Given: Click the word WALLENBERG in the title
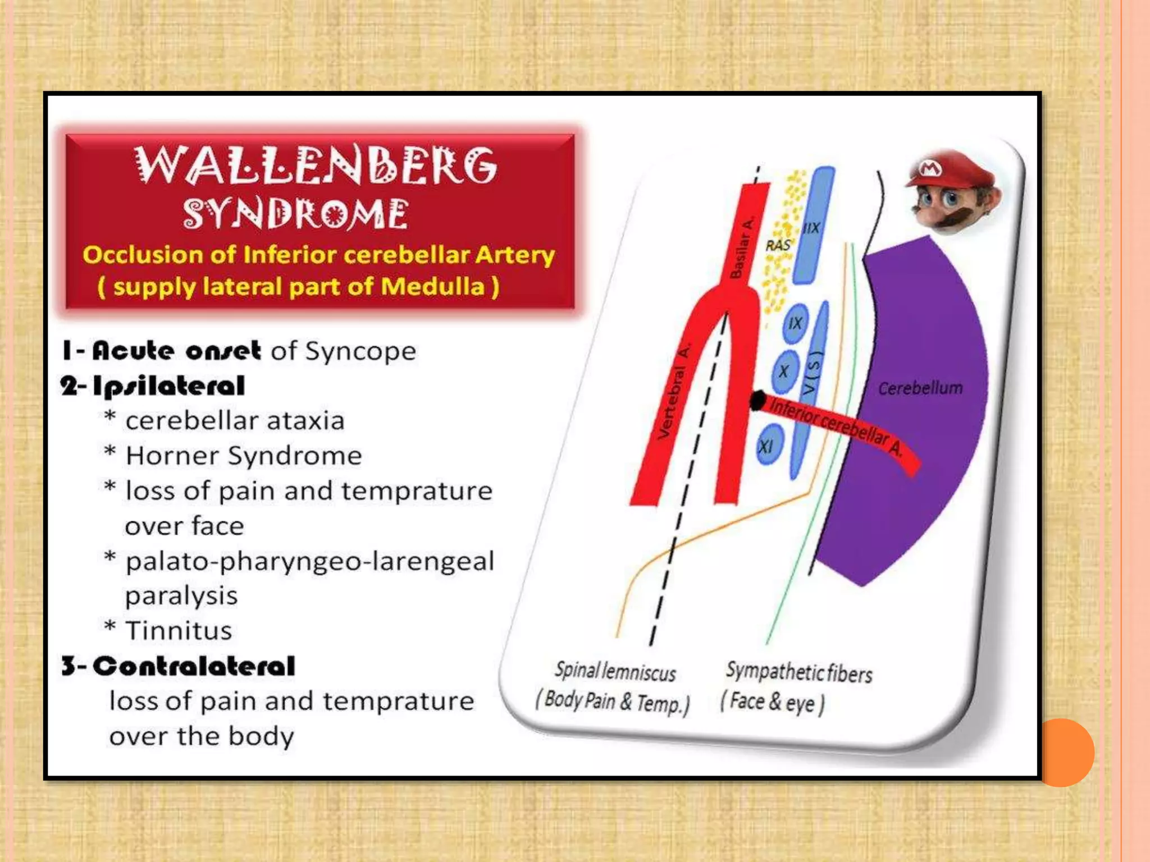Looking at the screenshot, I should pyautogui.click(x=316, y=165).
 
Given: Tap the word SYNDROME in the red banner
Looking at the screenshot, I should pyautogui.click(x=295, y=214).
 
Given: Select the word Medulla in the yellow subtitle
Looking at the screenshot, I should pyautogui.click(x=432, y=287).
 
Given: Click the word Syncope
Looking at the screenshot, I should pyautogui.click(x=360, y=351).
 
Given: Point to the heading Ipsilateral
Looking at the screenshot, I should pyautogui.click(x=168, y=386).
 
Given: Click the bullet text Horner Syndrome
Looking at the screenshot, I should pyautogui.click(x=244, y=456).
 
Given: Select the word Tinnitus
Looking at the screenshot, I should pyautogui.click(x=179, y=631).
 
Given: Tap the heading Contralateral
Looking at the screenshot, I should pyautogui.click(x=194, y=666).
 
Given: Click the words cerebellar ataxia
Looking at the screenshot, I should pyautogui.click(x=235, y=421).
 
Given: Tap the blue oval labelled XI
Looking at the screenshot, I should pyautogui.click(x=766, y=446).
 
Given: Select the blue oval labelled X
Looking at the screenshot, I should pyautogui.click(x=783, y=371).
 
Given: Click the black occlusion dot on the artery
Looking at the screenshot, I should pyautogui.click(x=757, y=400).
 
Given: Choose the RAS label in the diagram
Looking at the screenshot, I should pyautogui.click(x=778, y=245).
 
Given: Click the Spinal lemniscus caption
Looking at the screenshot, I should pyautogui.click(x=615, y=672).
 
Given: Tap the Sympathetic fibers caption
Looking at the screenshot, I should pyautogui.click(x=799, y=672).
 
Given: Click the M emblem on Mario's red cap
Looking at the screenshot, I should pyautogui.click(x=930, y=168).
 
